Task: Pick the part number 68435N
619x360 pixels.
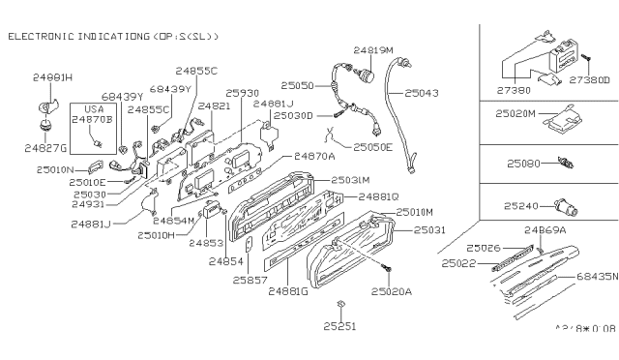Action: tap(594, 276)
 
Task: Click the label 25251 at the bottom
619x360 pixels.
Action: tap(339, 326)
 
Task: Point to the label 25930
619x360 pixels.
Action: tap(243, 93)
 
